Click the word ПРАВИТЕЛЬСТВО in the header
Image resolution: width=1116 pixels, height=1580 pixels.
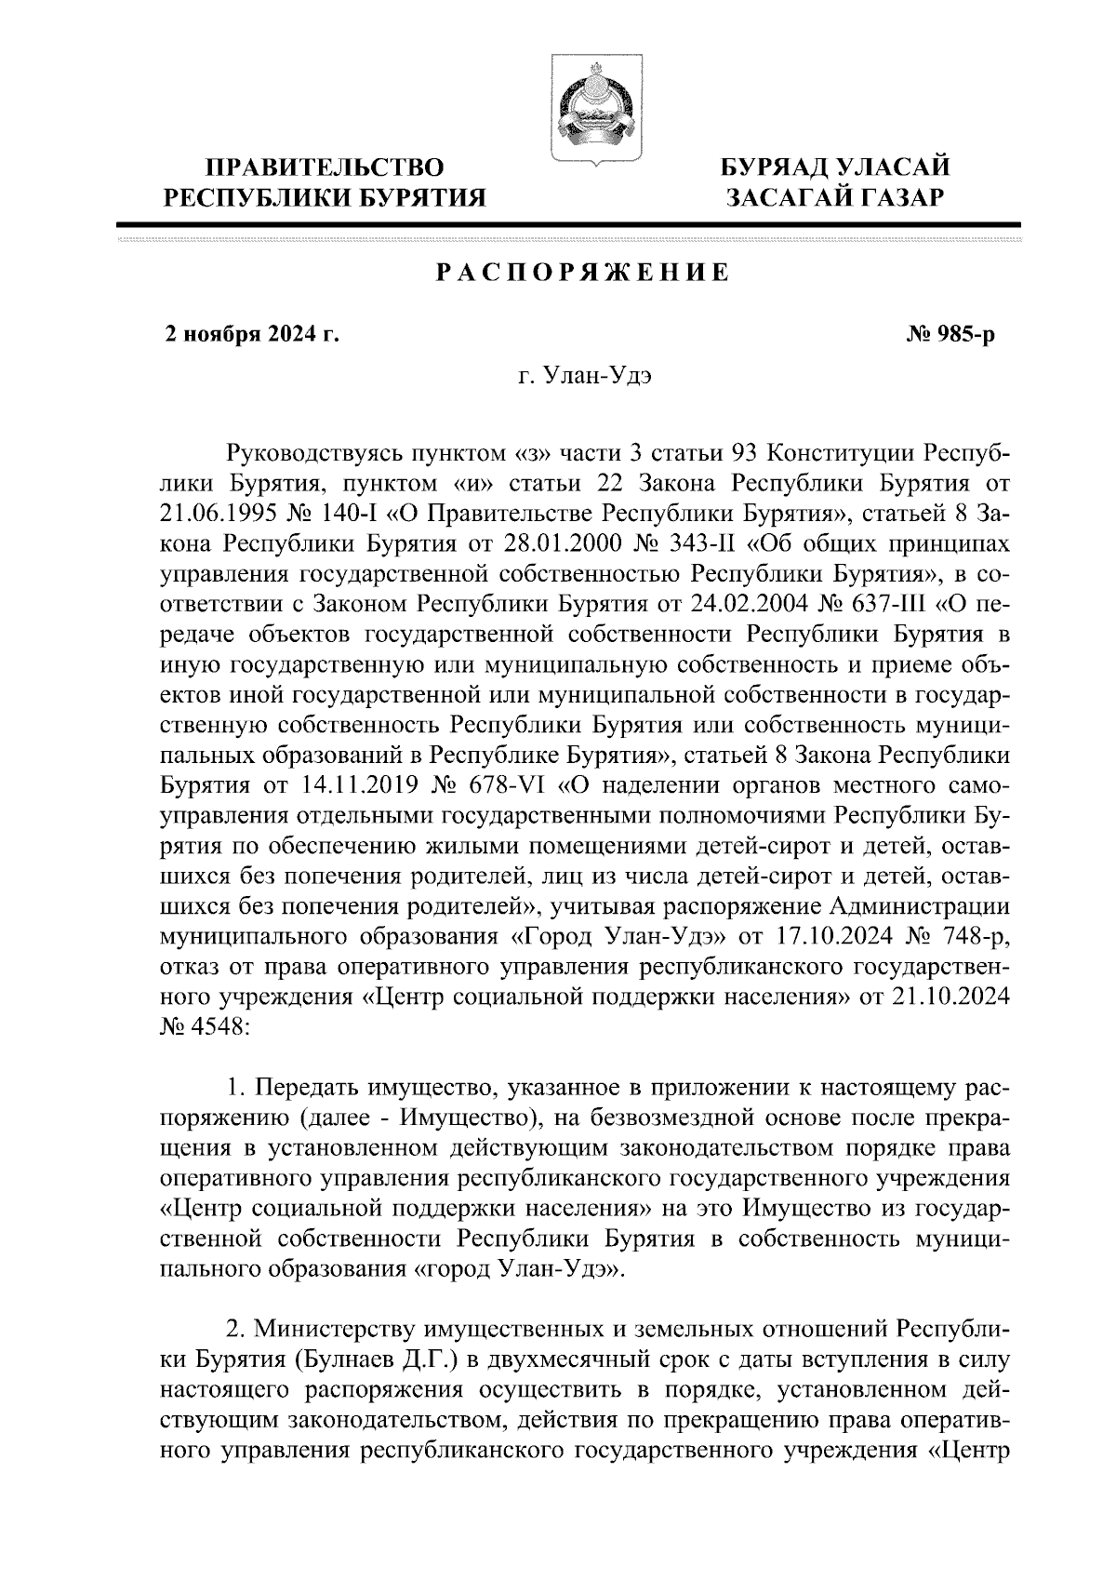click(x=325, y=168)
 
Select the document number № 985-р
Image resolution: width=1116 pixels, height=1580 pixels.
click(x=950, y=335)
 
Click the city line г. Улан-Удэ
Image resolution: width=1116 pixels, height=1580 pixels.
click(x=578, y=378)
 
